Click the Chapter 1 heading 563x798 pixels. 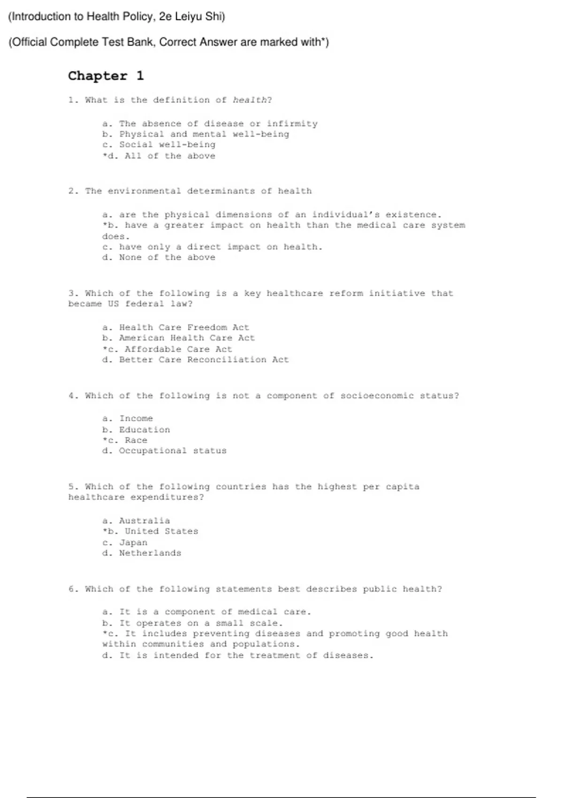pyautogui.click(x=106, y=76)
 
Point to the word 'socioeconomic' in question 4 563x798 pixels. pyautogui.click(x=377, y=396)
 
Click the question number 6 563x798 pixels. pyautogui.click(x=72, y=589)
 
